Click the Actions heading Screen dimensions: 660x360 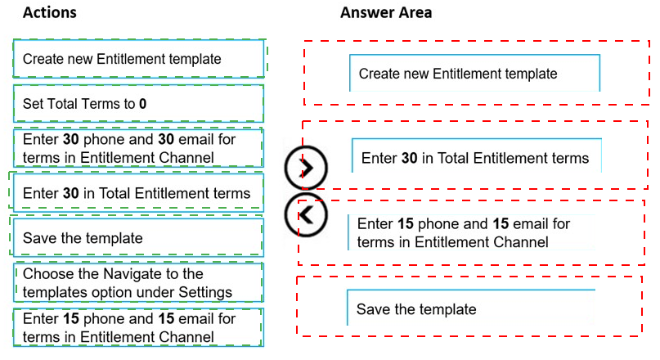[x=50, y=12]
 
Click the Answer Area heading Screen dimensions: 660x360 [x=386, y=12]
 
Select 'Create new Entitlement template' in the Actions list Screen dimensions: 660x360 [x=138, y=59]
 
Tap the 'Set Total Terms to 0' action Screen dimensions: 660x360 [x=138, y=104]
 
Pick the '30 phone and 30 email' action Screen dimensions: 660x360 [x=138, y=148]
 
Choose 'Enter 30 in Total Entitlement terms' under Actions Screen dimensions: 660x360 [x=138, y=193]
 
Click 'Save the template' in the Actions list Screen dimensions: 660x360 [x=138, y=238]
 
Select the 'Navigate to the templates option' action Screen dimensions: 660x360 [x=138, y=283]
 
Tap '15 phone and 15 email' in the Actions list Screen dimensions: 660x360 [x=138, y=327]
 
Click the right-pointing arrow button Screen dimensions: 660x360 [x=306, y=168]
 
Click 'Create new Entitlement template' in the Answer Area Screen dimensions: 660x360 [x=475, y=74]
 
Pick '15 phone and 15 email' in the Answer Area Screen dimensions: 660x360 [x=471, y=233]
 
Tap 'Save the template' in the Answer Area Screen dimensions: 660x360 [x=471, y=308]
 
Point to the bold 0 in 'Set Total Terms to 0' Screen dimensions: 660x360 [x=142, y=104]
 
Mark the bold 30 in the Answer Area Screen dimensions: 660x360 [x=409, y=158]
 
